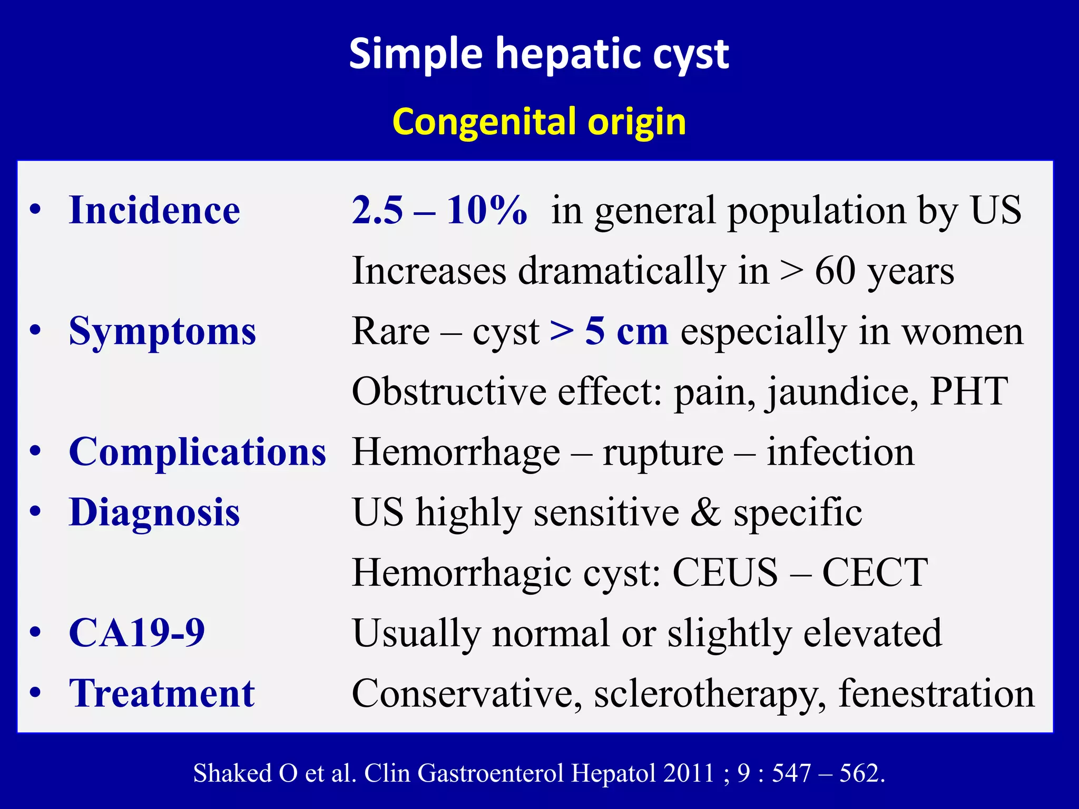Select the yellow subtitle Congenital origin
tap(538, 122)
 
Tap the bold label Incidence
tap(154, 210)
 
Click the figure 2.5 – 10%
tap(439, 210)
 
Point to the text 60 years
tap(884, 271)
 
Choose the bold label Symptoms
tap(162, 331)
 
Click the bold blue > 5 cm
tap(609, 331)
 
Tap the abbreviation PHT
tap(968, 391)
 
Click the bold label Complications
tap(198, 452)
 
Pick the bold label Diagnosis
tap(154, 512)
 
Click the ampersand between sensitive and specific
tap(705, 512)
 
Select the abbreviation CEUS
tap(725, 573)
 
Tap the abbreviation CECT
tap(875, 573)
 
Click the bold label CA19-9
tap(137, 633)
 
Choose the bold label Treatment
tap(162, 693)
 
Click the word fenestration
tap(936, 693)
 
